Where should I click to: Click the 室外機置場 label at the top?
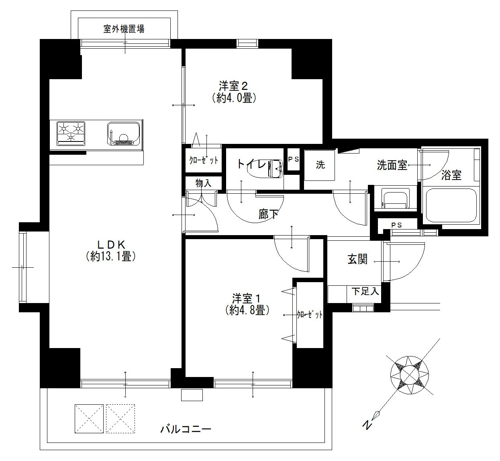pyautogui.click(x=124, y=29)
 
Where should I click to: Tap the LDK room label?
pyautogui.click(x=111, y=245)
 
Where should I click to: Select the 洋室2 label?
pyautogui.click(x=233, y=86)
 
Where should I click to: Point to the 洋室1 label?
pyautogui.click(x=246, y=298)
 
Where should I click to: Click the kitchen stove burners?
pyautogui.click(x=71, y=133)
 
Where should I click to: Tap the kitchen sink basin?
pyautogui.click(x=123, y=133)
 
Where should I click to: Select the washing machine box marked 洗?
pyautogui.click(x=320, y=165)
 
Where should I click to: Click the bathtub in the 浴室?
pyautogui.click(x=451, y=205)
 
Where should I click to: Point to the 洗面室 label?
pyautogui.click(x=392, y=165)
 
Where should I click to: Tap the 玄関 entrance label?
pyautogui.click(x=357, y=259)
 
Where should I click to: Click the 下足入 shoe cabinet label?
pyautogui.click(x=365, y=291)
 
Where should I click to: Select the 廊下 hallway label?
pyautogui.click(x=268, y=214)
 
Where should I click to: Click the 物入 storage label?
pyautogui.click(x=203, y=183)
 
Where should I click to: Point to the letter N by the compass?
pyautogui.click(x=367, y=425)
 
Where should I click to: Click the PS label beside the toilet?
pyautogui.click(x=293, y=159)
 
